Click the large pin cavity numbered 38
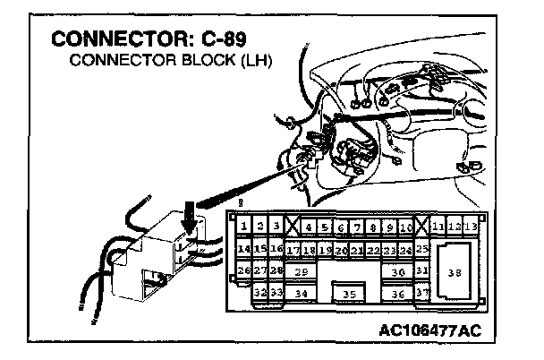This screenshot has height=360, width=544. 455,272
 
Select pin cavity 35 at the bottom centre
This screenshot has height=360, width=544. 351,293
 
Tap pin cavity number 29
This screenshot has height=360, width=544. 302,270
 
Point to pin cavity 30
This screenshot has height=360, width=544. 399,270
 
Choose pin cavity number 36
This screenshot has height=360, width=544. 399,293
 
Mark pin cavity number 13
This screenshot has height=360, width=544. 471,227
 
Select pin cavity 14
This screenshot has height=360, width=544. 244,249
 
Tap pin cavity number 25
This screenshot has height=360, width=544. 423,249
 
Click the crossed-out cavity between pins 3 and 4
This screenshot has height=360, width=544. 293,227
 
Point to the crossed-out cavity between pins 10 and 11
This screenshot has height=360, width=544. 421,227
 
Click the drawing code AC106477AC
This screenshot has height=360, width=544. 429,329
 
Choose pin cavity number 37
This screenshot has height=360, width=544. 423,292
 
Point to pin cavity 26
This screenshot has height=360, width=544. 244,270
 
